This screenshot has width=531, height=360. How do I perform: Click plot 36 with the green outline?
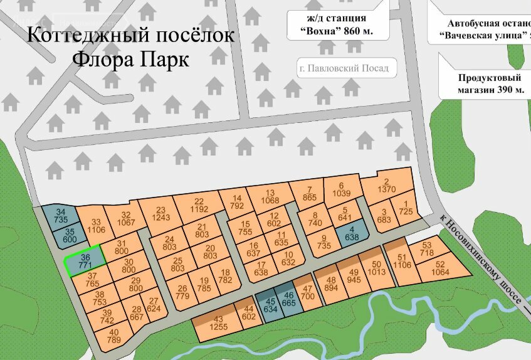point(85,260)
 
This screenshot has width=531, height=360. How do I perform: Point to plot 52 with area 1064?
point(441,268)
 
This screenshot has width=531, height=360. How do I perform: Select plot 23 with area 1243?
point(160,213)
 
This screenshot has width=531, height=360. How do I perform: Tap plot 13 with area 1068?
point(270,197)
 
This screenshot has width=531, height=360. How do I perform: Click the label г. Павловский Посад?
point(344,68)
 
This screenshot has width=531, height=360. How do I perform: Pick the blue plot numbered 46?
point(289,300)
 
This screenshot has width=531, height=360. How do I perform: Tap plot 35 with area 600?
point(70,236)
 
